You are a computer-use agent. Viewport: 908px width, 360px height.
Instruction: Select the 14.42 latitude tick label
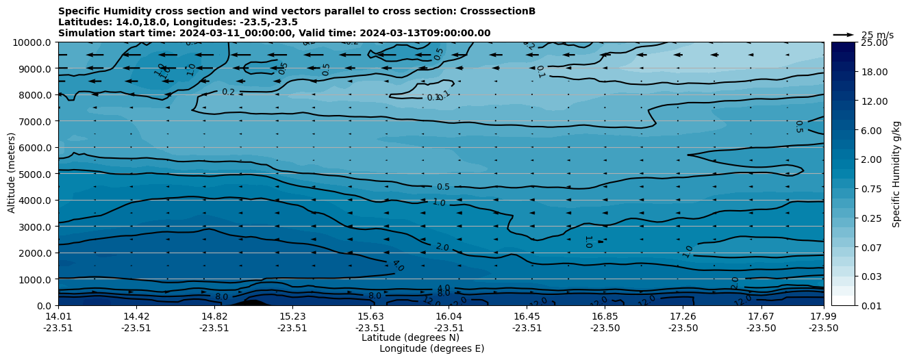[136, 316]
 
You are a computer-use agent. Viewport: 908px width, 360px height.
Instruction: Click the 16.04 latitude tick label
[449, 316]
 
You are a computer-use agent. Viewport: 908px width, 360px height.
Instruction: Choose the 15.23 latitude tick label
[292, 316]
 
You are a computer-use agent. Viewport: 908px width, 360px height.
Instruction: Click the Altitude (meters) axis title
[12, 174]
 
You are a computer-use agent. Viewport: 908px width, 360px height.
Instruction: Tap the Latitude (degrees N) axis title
[410, 337]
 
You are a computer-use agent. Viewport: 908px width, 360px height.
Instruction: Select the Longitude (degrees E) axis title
[431, 348]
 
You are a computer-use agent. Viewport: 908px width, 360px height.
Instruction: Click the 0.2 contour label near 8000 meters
[228, 92]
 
